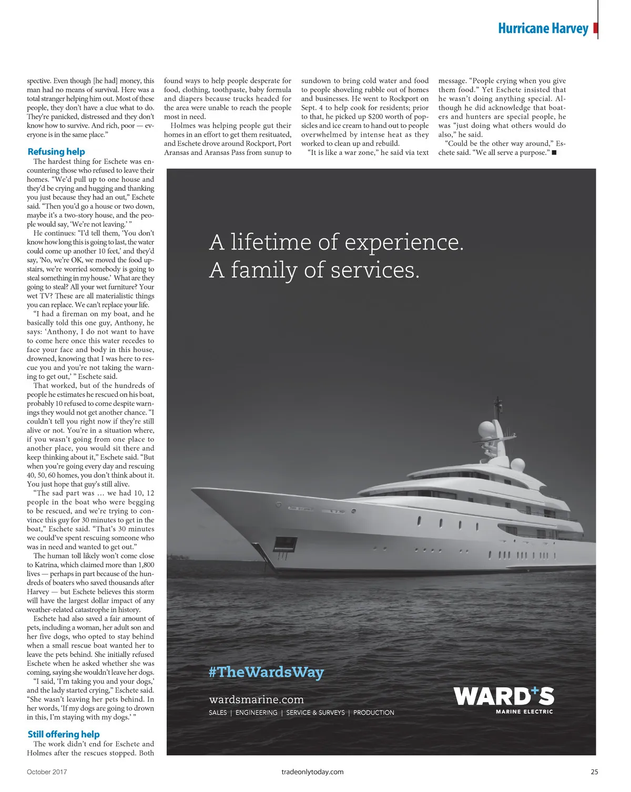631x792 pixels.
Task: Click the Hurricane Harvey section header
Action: (543, 28)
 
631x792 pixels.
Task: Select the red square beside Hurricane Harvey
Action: (595, 28)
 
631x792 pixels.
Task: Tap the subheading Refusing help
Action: (56, 152)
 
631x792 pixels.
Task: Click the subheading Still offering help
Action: (63, 734)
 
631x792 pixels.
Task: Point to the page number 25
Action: (594, 772)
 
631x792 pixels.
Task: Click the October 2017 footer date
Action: (47, 772)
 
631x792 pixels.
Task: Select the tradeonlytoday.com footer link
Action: (312, 772)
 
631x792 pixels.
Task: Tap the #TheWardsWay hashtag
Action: (266, 672)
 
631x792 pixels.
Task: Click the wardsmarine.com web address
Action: (256, 700)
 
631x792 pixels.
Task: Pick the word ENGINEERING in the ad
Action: (256, 713)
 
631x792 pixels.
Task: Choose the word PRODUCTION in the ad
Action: (373, 713)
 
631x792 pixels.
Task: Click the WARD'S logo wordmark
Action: (504, 696)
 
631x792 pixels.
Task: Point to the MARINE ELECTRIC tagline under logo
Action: (524, 712)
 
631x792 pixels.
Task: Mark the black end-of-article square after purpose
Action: (554, 153)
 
